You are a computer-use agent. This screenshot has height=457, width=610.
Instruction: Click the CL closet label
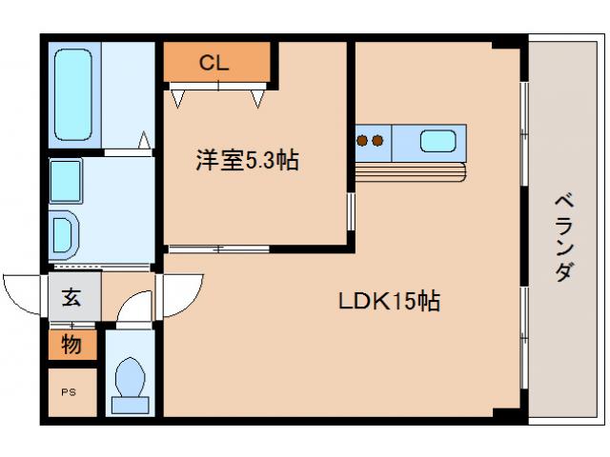click(x=213, y=64)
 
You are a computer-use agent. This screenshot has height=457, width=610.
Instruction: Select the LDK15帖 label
click(x=389, y=302)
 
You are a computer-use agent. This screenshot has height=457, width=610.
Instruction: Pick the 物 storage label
click(x=72, y=345)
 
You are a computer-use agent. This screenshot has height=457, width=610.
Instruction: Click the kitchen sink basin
click(x=438, y=141)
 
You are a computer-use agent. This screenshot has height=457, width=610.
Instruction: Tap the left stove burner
click(x=362, y=142)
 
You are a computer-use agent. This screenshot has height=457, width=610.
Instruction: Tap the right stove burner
click(x=377, y=142)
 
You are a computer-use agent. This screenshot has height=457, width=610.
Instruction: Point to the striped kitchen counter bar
click(x=410, y=171)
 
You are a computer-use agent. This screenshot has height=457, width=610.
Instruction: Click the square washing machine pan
click(x=66, y=178)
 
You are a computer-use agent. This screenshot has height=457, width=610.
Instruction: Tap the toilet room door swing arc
click(x=136, y=308)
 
